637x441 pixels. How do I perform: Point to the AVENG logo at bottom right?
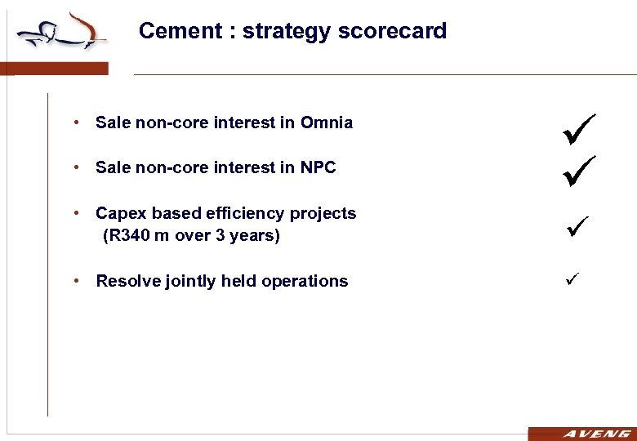(x=581, y=434)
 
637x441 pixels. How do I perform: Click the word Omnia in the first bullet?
(x=327, y=123)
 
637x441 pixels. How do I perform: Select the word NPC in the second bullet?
(x=318, y=167)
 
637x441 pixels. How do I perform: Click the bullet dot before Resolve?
(x=75, y=281)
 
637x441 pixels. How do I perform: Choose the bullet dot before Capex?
(x=75, y=213)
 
